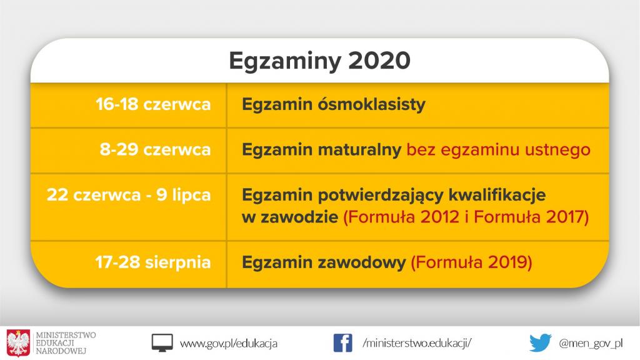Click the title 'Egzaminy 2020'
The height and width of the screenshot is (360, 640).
(x=319, y=61)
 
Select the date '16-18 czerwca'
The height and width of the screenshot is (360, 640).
(x=153, y=104)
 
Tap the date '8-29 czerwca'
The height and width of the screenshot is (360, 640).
(x=155, y=150)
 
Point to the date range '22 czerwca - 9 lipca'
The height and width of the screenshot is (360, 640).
(x=129, y=195)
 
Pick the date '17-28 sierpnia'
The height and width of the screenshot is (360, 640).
(x=153, y=262)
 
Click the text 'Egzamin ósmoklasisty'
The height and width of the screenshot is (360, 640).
(x=334, y=104)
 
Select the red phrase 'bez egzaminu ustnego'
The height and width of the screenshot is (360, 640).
(x=498, y=150)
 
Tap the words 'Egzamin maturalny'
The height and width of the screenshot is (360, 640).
(x=321, y=150)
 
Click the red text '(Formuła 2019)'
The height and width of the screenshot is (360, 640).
(x=471, y=262)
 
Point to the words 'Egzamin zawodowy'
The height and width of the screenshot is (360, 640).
(x=324, y=262)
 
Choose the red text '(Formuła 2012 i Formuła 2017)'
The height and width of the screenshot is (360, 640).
(x=467, y=217)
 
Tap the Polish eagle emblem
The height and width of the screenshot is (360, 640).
(x=18, y=343)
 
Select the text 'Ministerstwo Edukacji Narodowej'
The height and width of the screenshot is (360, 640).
(x=66, y=343)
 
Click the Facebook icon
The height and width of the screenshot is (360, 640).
(x=342, y=343)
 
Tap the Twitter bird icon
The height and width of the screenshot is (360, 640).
(x=540, y=343)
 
